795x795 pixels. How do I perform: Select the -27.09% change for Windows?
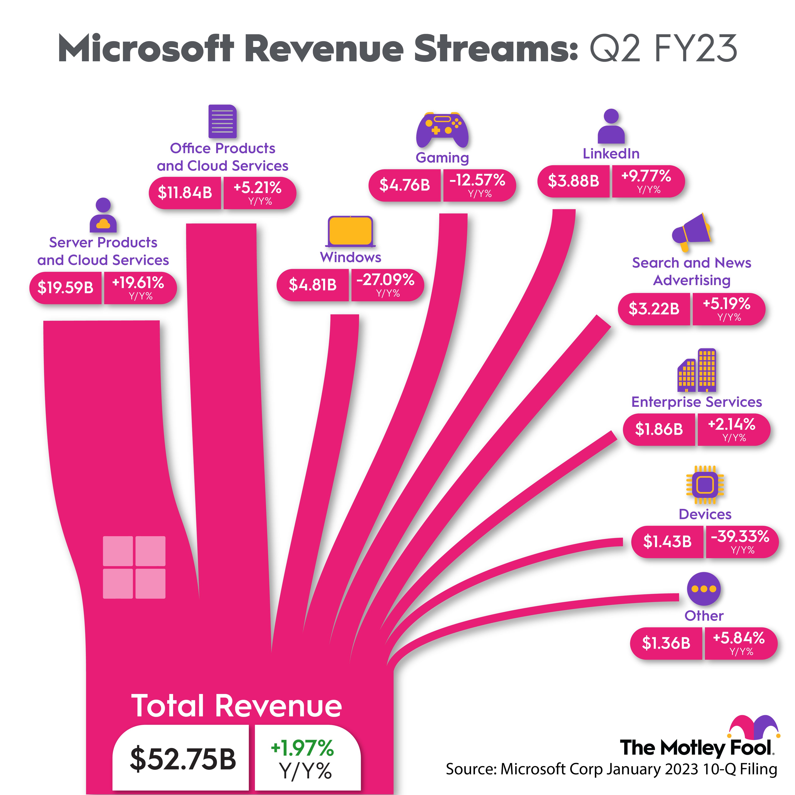tap(385, 280)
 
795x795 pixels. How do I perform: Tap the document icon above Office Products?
tap(223, 121)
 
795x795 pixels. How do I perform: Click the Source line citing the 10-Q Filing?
tap(612, 769)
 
